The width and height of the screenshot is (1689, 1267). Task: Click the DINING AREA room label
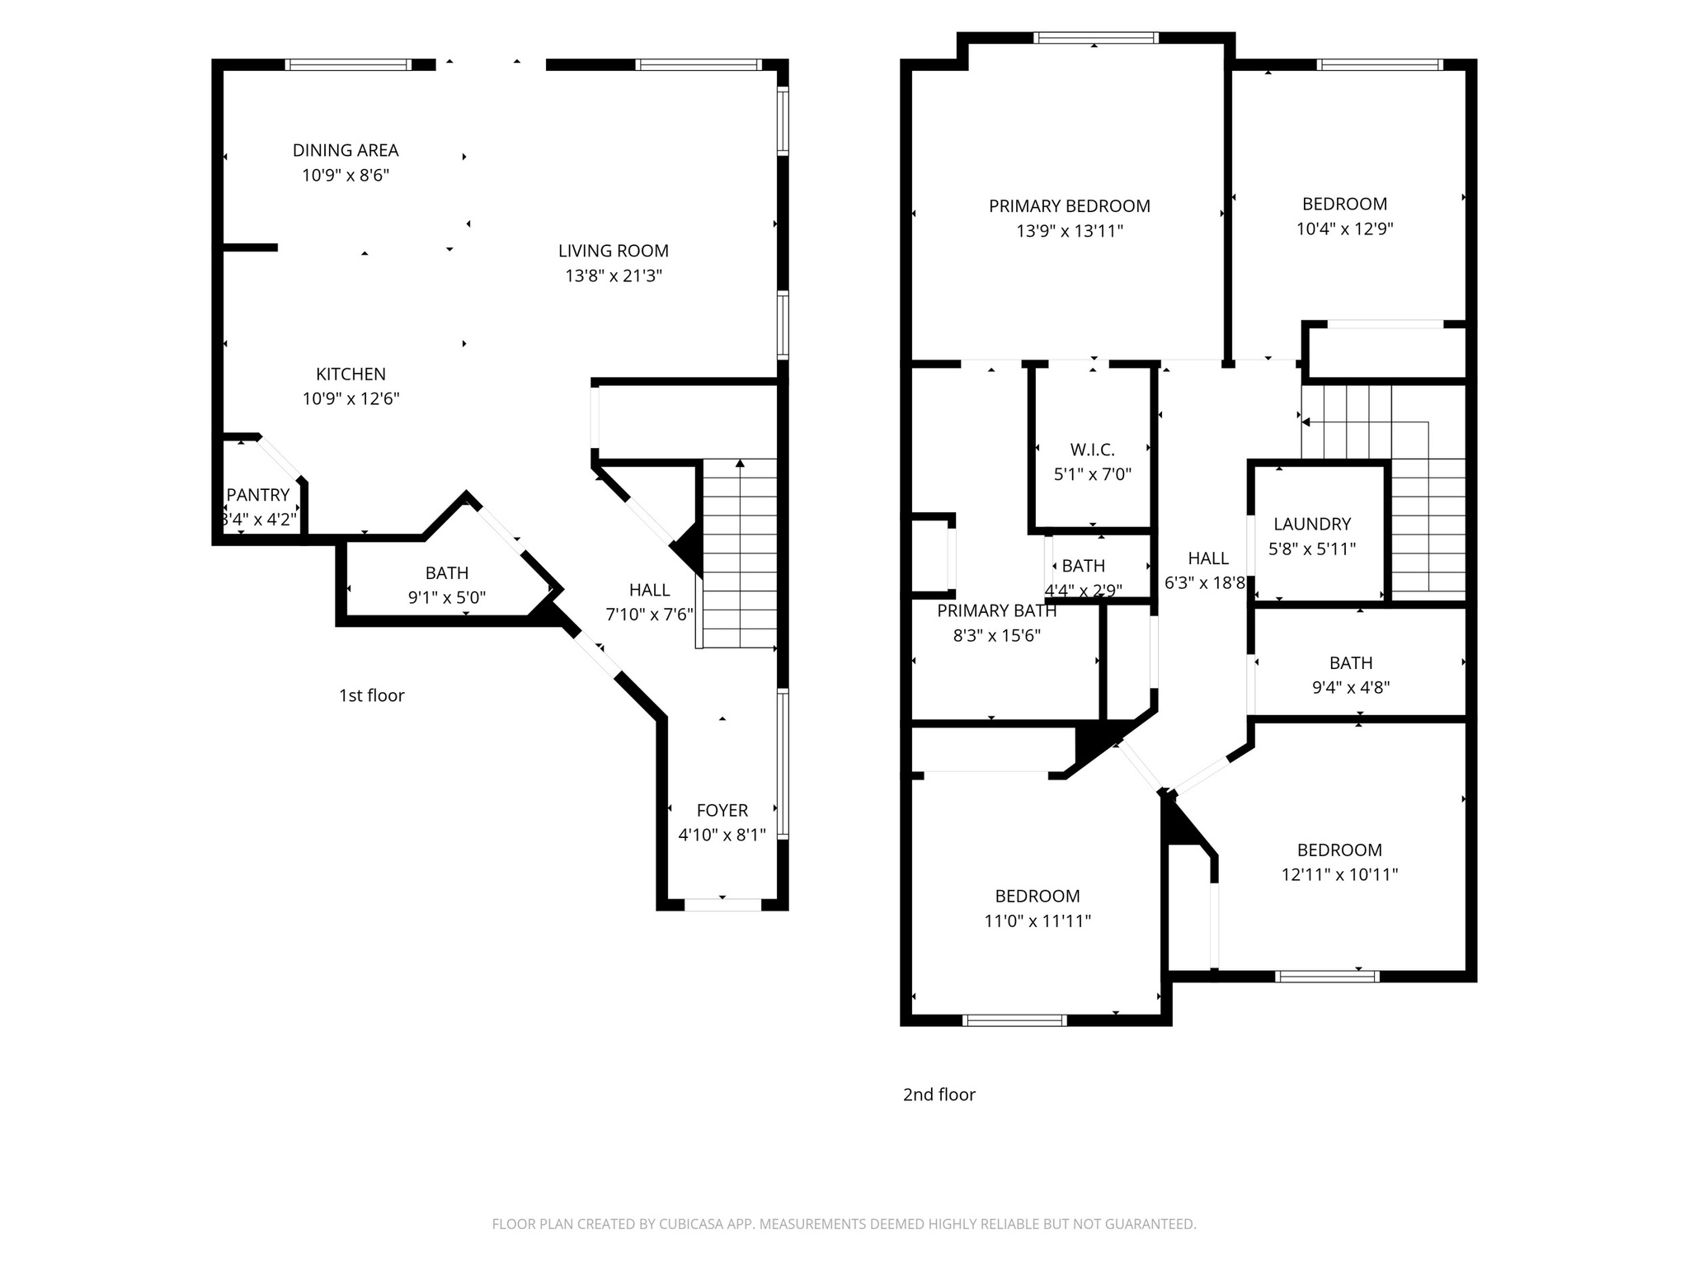pos(346,150)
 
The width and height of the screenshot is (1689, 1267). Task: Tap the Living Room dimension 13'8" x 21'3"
pos(614,276)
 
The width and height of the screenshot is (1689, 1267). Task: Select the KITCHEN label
pos(351,374)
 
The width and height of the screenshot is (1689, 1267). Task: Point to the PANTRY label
pos(258,495)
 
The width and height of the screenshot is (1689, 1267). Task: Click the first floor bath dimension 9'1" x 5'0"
pos(446,597)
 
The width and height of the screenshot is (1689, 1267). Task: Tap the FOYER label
pos(722,810)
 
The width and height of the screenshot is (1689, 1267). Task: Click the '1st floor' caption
pos(371,695)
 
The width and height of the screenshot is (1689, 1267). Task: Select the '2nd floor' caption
pos(939,1095)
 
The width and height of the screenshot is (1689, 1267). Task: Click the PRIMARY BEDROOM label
pos(1069,206)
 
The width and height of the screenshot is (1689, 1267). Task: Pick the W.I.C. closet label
pos(1092,450)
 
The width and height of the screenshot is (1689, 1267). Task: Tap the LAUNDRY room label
pos(1311,524)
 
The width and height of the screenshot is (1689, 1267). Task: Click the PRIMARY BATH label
pos(996,611)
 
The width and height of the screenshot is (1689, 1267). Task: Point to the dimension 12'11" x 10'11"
pos(1339,874)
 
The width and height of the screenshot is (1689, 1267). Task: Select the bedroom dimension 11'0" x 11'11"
pos(1037,921)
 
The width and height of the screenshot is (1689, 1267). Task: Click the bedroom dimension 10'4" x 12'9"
pos(1344,228)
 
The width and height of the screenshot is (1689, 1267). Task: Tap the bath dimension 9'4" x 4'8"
pos(1351,687)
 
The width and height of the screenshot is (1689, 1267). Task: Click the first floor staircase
pos(740,553)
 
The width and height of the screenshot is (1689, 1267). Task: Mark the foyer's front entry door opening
pos(722,905)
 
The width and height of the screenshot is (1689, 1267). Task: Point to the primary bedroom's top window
pos(1095,38)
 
